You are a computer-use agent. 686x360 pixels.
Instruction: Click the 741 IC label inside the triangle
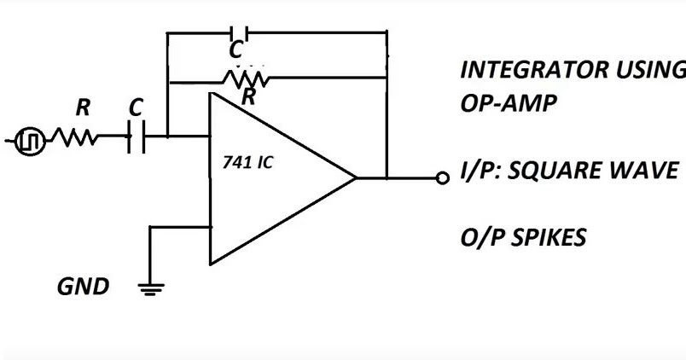pyautogui.click(x=247, y=163)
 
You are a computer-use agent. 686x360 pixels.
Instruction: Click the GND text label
pyautogui.click(x=83, y=287)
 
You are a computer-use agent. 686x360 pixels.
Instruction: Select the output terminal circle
pyautogui.click(x=442, y=178)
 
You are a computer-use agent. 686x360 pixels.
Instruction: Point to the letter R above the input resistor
pyautogui.click(x=83, y=108)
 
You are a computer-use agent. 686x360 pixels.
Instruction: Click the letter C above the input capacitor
pyautogui.click(x=136, y=108)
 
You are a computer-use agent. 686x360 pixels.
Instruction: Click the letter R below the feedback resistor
pyautogui.click(x=248, y=98)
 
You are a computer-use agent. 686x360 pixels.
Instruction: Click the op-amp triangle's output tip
pyautogui.click(x=355, y=178)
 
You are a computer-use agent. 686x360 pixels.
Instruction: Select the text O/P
pyautogui.click(x=480, y=238)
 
